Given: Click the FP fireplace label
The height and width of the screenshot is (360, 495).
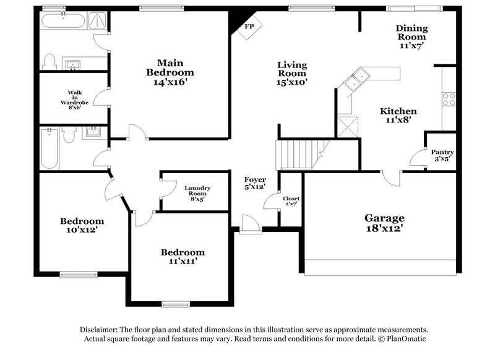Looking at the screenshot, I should coord(249,27).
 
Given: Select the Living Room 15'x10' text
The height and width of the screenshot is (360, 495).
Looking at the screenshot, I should coord(292,73).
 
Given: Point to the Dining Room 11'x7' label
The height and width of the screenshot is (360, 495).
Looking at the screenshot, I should coord(411,36).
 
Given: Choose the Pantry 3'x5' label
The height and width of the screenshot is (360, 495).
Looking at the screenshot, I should coord(442,155).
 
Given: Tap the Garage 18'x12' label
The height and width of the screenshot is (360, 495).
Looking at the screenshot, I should coord(384,223).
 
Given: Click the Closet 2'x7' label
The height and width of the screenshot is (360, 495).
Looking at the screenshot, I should coord(291,201).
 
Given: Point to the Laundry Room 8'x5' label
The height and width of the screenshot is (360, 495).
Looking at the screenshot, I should coord(198,194).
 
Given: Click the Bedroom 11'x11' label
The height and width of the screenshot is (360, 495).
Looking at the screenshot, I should coord(183,257).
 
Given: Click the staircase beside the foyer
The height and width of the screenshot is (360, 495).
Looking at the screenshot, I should coord(296,154).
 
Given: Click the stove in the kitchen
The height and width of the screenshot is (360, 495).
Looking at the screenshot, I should coord(449,98).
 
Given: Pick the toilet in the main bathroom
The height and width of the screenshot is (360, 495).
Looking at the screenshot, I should coord(50,61).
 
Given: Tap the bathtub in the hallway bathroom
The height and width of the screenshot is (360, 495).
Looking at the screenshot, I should coord(49,148).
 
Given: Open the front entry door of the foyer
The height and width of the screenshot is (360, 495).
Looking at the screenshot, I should coord(250,226).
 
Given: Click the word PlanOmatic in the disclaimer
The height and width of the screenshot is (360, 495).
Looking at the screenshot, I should coord(405,339).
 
